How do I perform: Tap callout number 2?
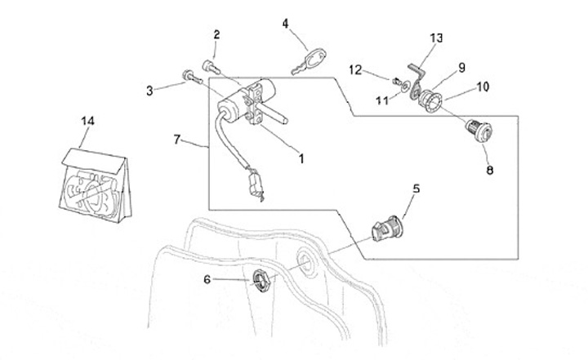pos(216,34)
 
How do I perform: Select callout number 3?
pos(150,91)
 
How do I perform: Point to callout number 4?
pos(286,23)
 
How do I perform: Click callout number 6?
pos(207,280)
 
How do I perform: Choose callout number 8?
pos(489,171)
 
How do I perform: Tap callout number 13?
pos(436,38)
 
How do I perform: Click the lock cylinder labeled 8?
pos(476,130)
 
